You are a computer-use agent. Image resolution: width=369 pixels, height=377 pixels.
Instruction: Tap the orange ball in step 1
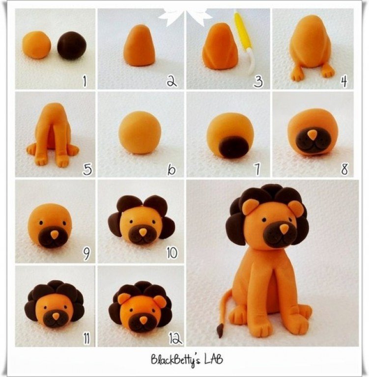(37, 45)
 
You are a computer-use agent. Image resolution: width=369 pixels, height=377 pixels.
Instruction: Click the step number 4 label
(344, 81)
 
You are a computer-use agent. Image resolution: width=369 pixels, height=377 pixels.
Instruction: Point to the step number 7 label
(257, 169)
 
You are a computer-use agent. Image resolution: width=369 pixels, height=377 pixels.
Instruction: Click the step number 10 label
(172, 252)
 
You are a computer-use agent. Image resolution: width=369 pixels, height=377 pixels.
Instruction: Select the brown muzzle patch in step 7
(234, 146)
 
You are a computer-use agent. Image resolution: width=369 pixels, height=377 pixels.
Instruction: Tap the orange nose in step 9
(55, 235)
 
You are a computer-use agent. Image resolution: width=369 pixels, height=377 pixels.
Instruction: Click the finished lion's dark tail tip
(220, 331)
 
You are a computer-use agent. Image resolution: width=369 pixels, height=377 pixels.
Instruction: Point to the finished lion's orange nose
(284, 228)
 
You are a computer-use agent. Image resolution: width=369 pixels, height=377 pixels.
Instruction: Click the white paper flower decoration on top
(185, 16)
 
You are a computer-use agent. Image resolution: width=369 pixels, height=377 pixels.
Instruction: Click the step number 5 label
(87, 169)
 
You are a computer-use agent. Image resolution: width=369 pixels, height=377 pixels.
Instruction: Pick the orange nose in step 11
(56, 317)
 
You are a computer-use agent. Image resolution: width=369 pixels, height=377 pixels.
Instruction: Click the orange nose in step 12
(143, 320)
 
